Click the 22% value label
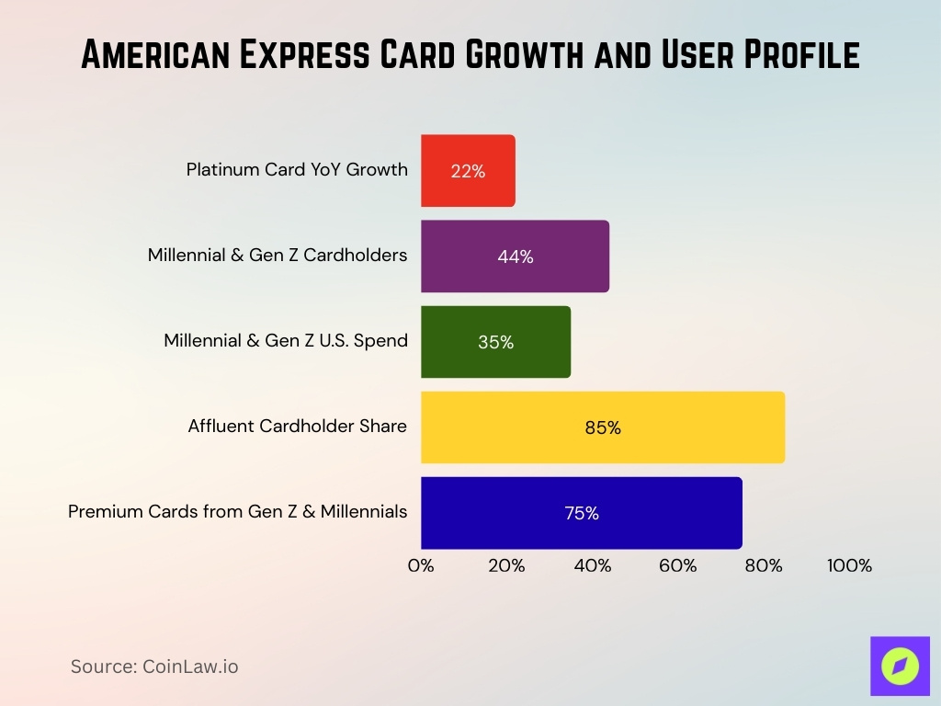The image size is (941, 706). (468, 171)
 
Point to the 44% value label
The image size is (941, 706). (516, 257)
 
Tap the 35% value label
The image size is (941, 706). (495, 343)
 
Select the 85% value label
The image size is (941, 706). (603, 428)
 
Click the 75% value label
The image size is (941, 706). (582, 514)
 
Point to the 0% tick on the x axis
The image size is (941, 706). (421, 566)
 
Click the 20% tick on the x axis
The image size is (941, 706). (506, 566)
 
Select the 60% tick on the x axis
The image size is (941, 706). (678, 566)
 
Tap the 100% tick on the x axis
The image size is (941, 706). (849, 566)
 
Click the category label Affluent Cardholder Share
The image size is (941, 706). (298, 427)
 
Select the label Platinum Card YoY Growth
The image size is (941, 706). (297, 170)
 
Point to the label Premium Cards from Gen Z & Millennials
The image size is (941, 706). (238, 512)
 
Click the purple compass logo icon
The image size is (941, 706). (900, 666)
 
